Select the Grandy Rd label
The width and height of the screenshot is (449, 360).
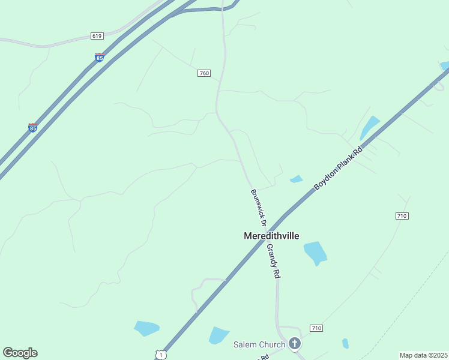(274, 260)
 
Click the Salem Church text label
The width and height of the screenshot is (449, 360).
(259, 344)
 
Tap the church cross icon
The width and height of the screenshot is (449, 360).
(294, 344)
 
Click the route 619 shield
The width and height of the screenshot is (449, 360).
(97, 36)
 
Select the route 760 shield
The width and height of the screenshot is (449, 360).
(204, 73)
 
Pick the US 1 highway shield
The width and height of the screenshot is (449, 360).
(160, 355)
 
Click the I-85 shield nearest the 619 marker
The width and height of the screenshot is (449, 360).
(100, 58)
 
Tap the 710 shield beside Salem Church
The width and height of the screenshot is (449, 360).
(316, 328)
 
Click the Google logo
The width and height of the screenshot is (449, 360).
(20, 353)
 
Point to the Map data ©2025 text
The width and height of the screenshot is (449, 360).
(423, 355)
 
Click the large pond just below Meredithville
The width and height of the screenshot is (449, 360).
(315, 253)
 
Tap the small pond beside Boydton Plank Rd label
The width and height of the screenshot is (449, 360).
(296, 179)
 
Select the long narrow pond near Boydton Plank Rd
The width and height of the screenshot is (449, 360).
(369, 127)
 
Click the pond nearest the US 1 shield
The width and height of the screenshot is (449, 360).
(146, 328)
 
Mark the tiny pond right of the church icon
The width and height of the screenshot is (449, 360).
(345, 344)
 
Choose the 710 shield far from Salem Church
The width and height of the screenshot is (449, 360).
(402, 215)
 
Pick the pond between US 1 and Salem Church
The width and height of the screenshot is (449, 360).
(218, 335)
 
